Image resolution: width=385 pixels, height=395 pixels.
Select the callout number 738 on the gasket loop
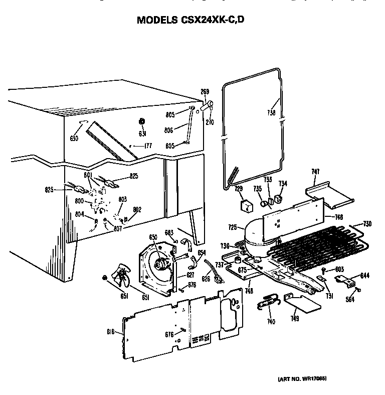click(271, 113)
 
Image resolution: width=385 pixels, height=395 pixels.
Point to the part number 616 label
click(111, 332)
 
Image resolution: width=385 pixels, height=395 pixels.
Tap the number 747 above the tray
click(315, 172)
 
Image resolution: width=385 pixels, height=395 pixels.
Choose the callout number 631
click(142, 134)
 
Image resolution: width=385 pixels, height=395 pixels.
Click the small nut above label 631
click(142, 121)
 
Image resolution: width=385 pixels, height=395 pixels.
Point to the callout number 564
click(356, 301)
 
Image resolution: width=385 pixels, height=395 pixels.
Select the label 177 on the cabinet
click(148, 146)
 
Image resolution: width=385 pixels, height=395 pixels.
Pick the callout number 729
click(239, 188)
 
